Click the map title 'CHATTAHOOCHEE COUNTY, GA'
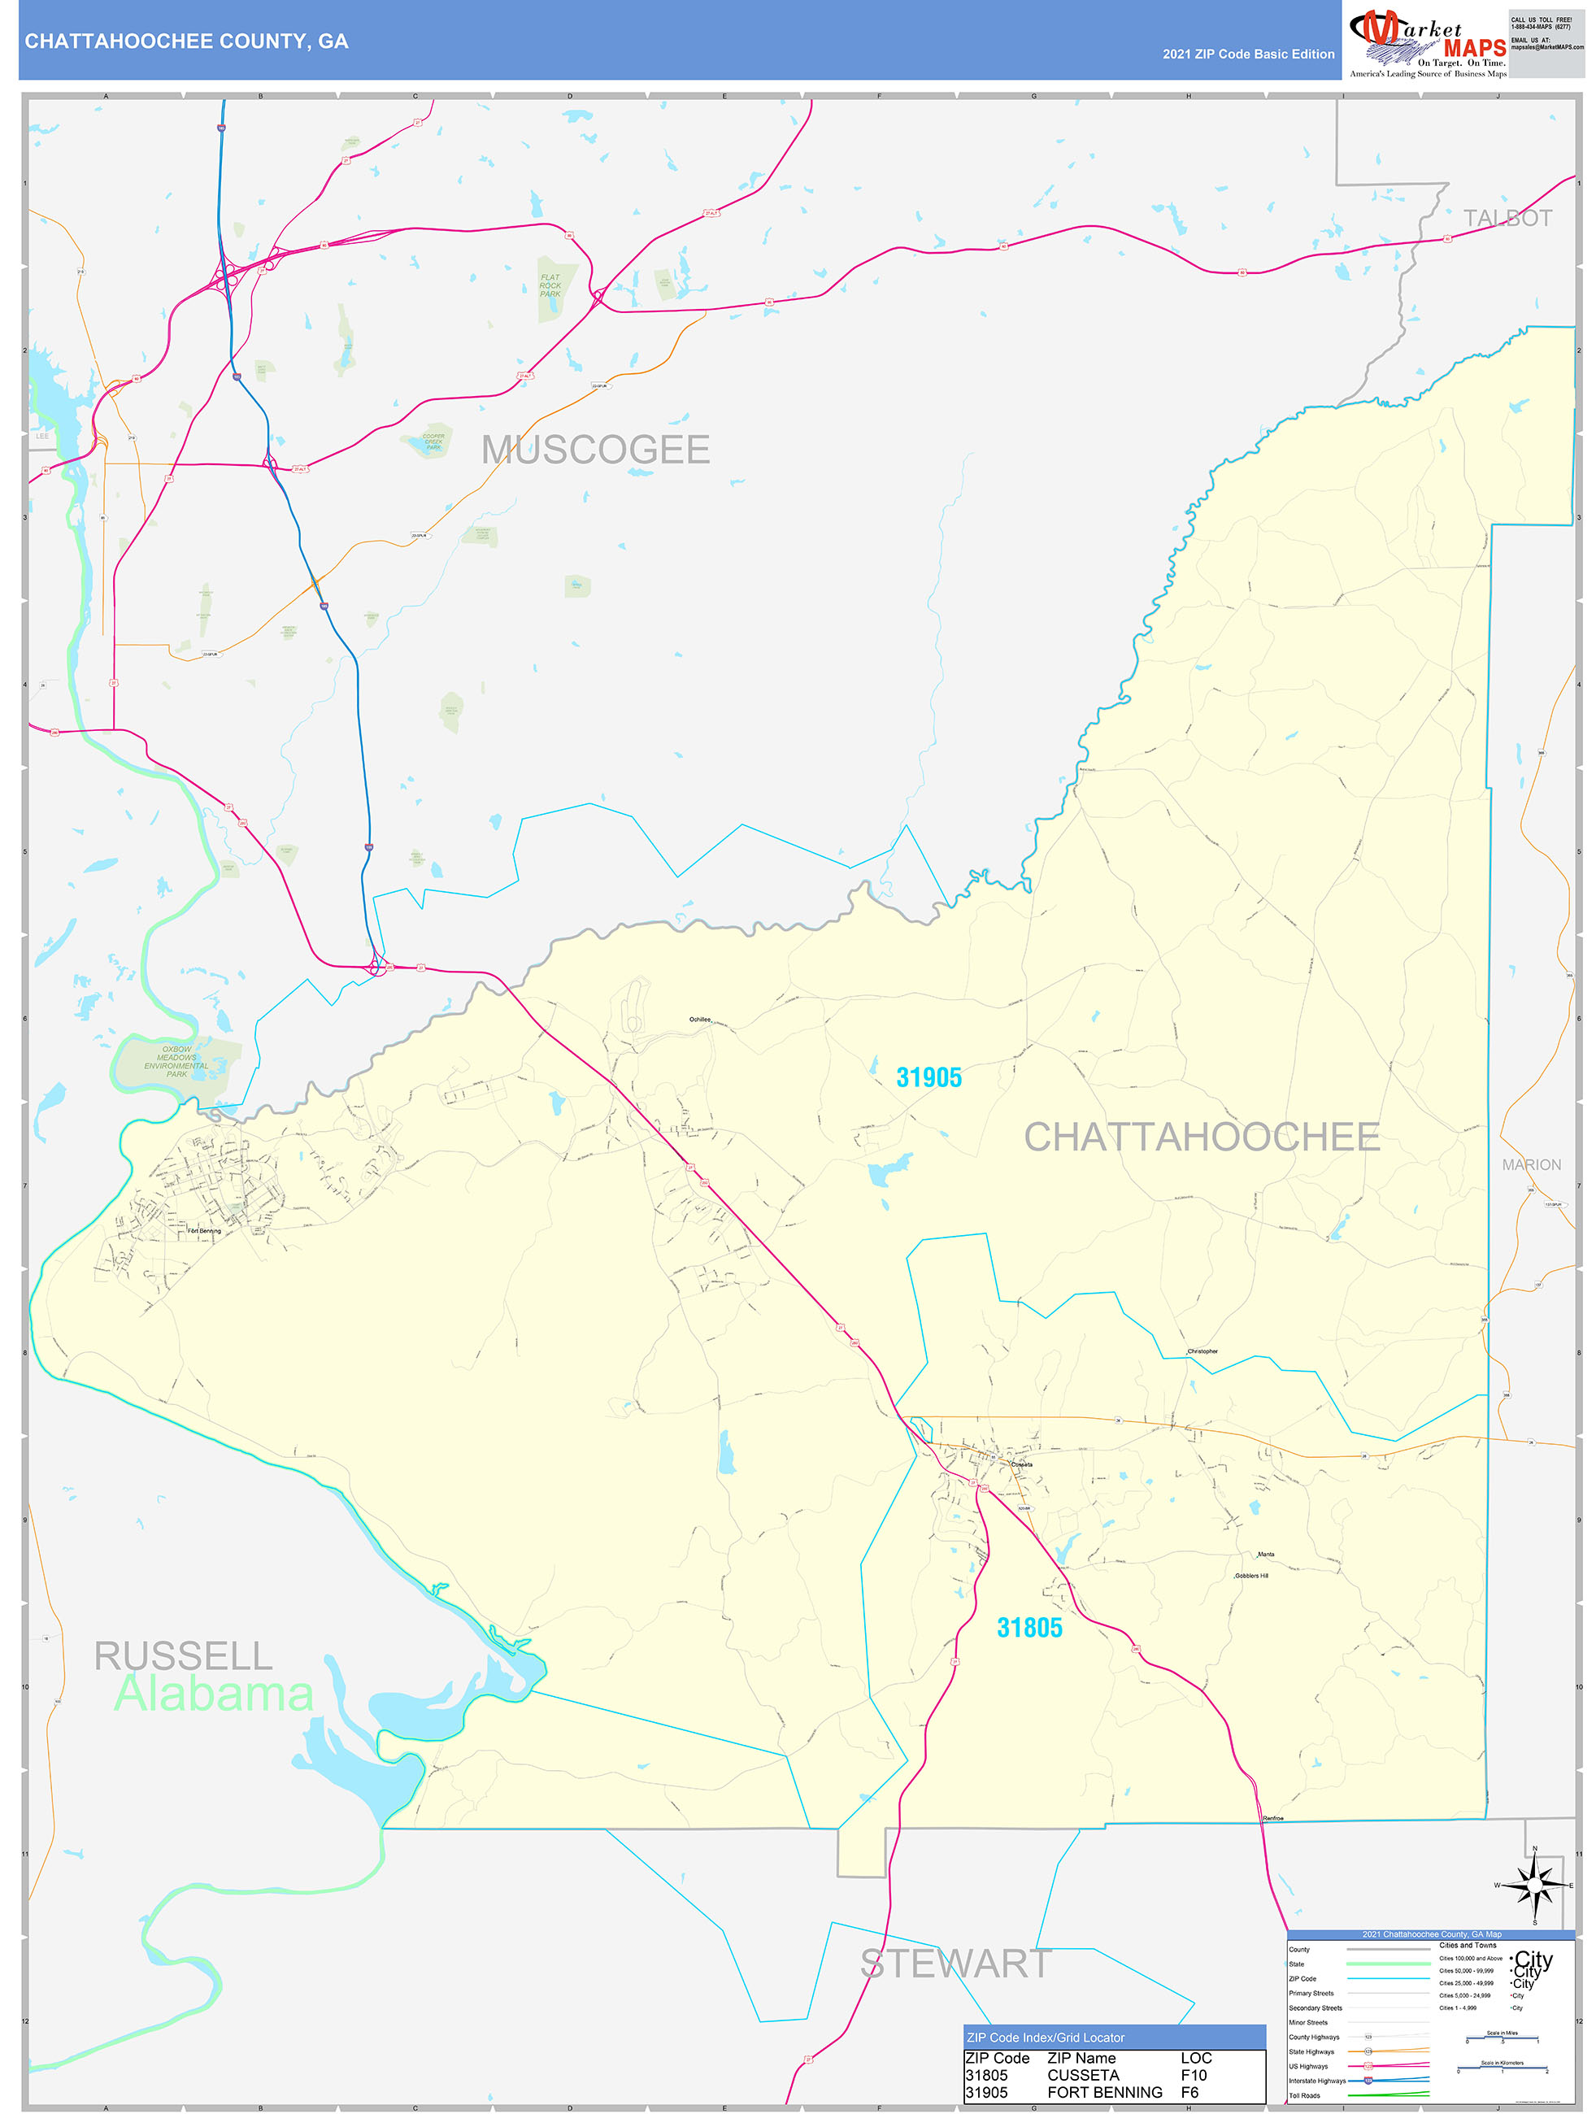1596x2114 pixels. coord(186,41)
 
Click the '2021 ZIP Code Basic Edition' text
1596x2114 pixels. coord(1247,54)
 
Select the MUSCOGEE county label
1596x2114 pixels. coord(595,449)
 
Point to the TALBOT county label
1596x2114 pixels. coord(1507,218)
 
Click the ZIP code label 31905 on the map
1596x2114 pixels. coord(928,1077)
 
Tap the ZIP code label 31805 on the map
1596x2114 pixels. coord(1028,1628)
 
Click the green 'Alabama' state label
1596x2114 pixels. coord(213,1694)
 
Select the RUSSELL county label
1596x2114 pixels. coord(183,1655)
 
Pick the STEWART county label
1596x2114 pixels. coord(955,1964)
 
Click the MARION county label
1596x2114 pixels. coord(1531,1164)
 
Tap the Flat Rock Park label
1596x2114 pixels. coord(550,285)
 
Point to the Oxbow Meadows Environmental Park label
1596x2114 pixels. coord(176,1061)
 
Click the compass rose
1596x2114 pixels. coord(1534,1886)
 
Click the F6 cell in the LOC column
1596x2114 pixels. coord(1189,2092)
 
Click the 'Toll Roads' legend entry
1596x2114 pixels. coord(1303,2094)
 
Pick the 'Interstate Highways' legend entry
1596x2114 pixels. coord(1316,2081)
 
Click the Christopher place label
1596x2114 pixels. coord(1202,1351)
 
